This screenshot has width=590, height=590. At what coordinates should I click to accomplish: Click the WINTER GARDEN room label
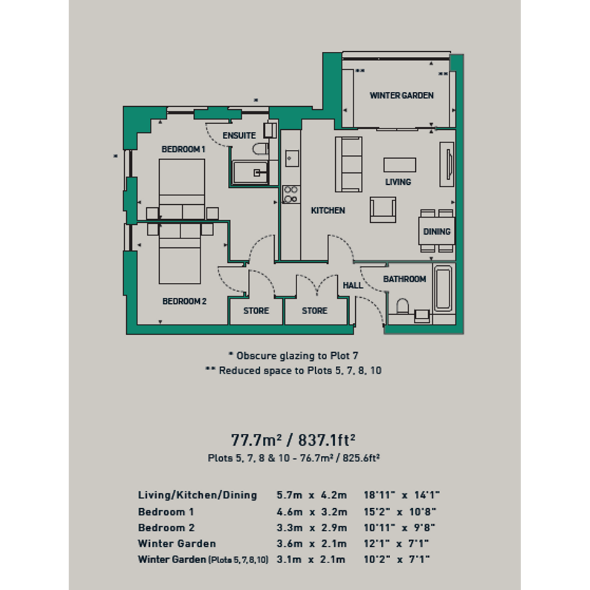pyautogui.click(x=401, y=96)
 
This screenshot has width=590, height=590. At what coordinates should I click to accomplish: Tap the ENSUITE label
pyautogui.click(x=239, y=135)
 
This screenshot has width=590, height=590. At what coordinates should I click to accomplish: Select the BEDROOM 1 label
pyautogui.click(x=184, y=149)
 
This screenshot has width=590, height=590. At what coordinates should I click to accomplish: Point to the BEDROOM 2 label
pyautogui.click(x=184, y=302)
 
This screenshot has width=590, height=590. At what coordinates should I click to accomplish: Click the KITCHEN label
pyautogui.click(x=328, y=210)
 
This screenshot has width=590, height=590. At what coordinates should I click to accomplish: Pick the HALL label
pyautogui.click(x=353, y=285)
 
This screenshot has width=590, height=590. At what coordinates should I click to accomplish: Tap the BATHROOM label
pyautogui.click(x=405, y=279)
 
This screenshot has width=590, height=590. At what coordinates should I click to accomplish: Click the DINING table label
pyautogui.click(x=437, y=232)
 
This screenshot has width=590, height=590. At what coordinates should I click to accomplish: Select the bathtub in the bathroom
pyautogui.click(x=443, y=288)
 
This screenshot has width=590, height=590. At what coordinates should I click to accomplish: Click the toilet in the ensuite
pyautogui.click(x=260, y=149)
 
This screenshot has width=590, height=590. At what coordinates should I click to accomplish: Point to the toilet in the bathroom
pyautogui.click(x=402, y=307)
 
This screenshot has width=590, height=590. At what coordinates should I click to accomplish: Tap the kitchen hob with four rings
pyautogui.click(x=291, y=194)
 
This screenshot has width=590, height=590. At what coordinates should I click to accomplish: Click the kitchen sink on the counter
pyautogui.click(x=292, y=159)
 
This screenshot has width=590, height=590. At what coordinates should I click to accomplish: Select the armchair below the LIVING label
pyautogui.click(x=383, y=210)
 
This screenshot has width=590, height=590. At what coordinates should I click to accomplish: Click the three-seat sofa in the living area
pyautogui.click(x=349, y=164)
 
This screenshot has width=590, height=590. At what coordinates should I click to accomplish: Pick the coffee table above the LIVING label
pyautogui.click(x=400, y=165)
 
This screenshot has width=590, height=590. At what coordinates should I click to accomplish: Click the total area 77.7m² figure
pyautogui.click(x=256, y=440)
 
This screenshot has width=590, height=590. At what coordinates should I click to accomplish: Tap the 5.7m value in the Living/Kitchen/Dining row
pyautogui.click(x=289, y=495)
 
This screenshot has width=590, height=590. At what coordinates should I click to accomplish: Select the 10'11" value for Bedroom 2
pyautogui.click(x=380, y=528)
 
